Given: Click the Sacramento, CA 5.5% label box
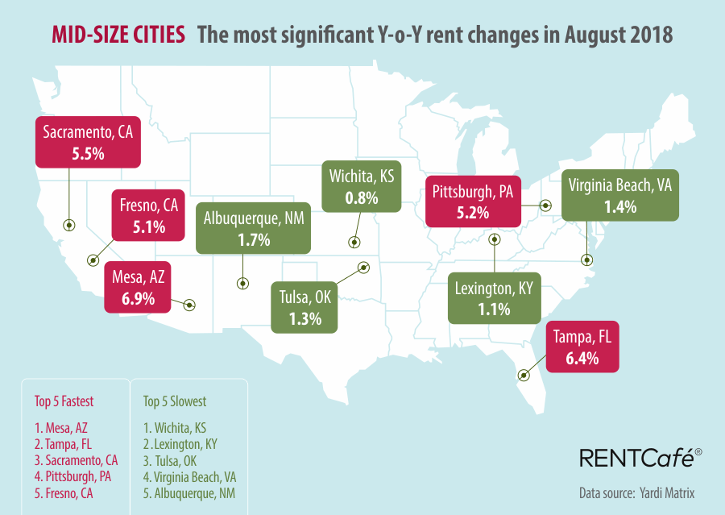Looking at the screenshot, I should click(x=88, y=142).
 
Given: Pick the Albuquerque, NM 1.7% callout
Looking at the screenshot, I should click(x=253, y=229).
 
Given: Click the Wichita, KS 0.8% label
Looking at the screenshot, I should click(x=361, y=186).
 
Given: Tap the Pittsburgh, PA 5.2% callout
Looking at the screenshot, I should click(x=473, y=201).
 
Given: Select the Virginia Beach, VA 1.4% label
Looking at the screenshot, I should click(x=619, y=194).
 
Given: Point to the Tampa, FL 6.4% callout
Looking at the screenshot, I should click(x=582, y=347).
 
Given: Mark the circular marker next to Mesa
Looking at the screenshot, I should click(x=189, y=305).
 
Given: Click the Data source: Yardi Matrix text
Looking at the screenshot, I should click(x=636, y=492).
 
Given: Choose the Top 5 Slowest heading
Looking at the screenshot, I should click(x=175, y=401).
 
